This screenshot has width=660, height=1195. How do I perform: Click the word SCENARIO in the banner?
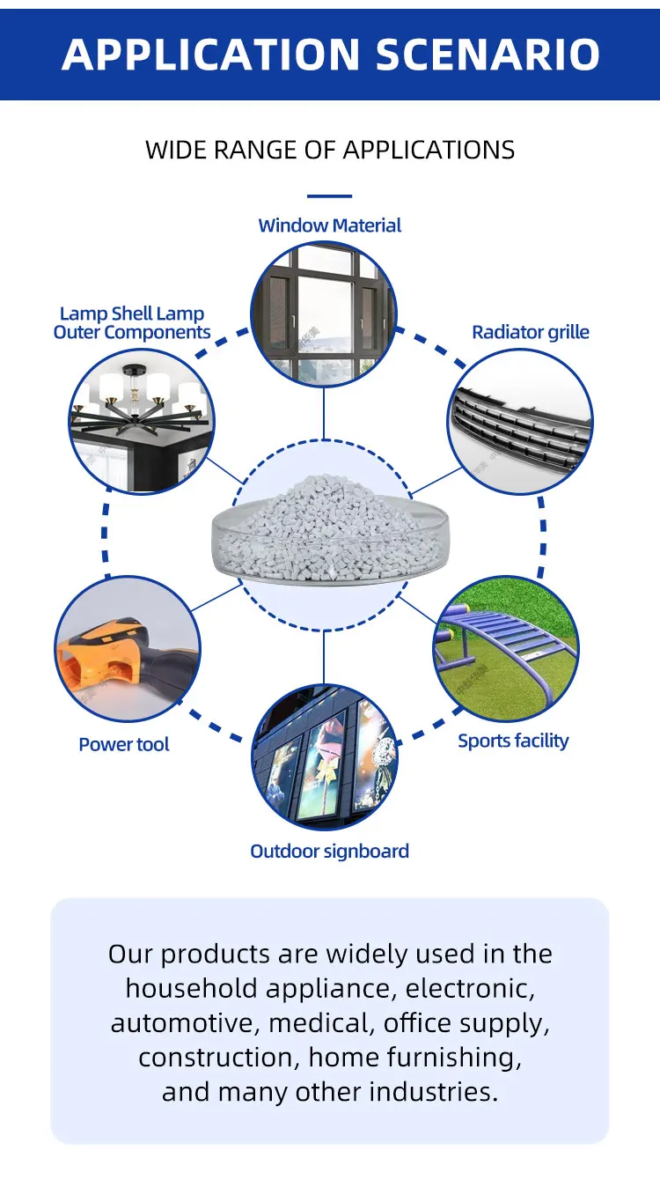[488, 55]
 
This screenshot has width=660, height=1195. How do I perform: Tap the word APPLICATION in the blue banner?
[211, 55]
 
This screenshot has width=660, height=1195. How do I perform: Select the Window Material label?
[329, 225]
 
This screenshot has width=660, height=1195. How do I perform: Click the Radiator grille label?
[531, 332]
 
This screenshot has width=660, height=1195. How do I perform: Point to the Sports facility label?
[513, 741]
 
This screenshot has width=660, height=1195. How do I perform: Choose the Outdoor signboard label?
[329, 852]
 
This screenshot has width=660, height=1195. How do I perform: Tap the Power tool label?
[124, 744]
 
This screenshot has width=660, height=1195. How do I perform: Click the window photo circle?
[324, 314]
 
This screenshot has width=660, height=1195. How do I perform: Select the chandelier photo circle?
[142, 422]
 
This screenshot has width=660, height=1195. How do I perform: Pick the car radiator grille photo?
[520, 422]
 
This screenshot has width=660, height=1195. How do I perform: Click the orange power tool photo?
[128, 649]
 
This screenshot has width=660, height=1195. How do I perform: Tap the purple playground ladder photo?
[505, 649]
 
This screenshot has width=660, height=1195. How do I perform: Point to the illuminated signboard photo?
[325, 757]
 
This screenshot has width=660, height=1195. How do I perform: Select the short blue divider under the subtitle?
[329, 196]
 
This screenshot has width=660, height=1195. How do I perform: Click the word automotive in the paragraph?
[185, 1024]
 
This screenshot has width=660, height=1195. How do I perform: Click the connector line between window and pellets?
[324, 414]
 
